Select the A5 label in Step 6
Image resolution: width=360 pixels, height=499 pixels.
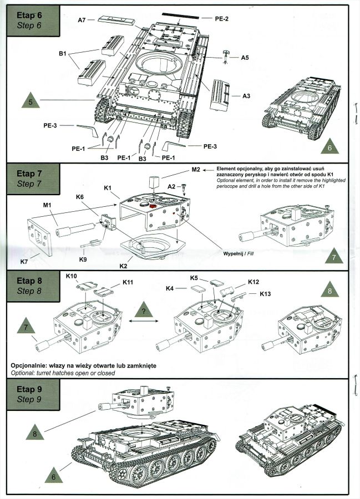click(x=245, y=57)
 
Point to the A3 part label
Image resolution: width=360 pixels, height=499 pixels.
click(x=246, y=96)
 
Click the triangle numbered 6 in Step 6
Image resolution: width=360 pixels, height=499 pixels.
click(x=329, y=147)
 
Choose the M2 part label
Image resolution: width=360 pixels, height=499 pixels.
click(x=195, y=169)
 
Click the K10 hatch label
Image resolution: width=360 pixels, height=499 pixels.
click(x=72, y=276)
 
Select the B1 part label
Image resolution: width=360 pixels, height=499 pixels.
click(x=63, y=54)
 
